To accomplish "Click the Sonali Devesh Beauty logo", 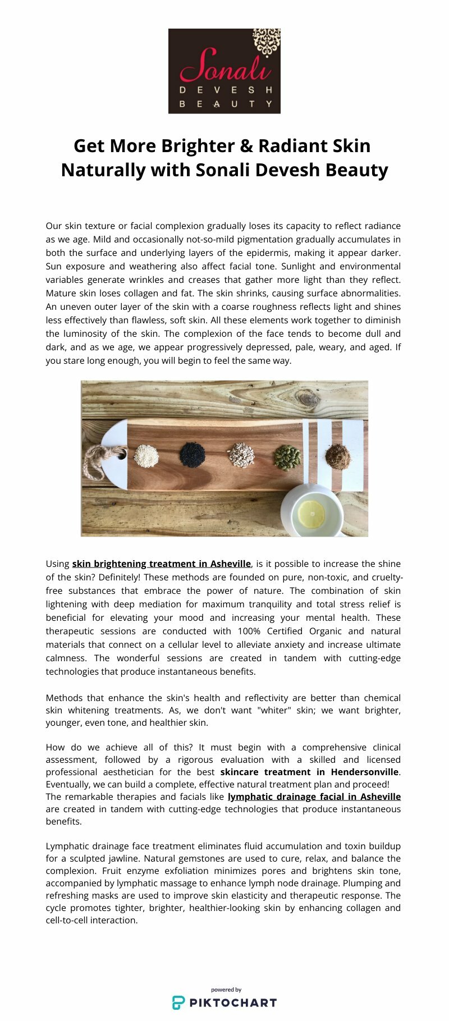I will pos(224,71).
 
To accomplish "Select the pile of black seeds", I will pos(192,455).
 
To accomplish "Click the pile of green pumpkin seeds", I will pos(287,457).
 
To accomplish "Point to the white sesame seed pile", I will pos(146,455).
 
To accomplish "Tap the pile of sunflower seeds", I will pos(241,455).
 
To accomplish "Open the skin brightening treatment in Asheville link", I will pos(161,564).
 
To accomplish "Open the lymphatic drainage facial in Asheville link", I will pos(314,796).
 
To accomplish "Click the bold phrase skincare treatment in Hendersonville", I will pos(309,772).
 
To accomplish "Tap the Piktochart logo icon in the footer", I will pos(178,1002).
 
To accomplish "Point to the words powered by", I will pos(226,990).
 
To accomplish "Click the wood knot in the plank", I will pos(307,399).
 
